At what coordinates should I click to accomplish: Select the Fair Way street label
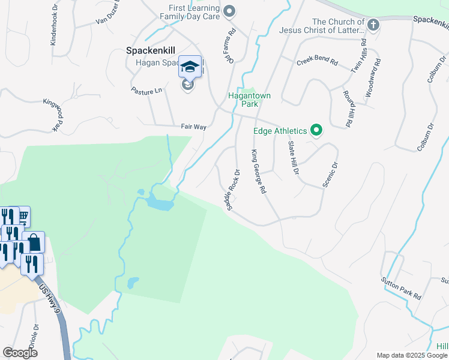click(x=194, y=127)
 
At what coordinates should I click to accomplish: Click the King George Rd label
click(x=258, y=172)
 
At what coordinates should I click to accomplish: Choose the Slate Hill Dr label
click(x=293, y=158)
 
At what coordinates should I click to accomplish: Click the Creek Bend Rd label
click(x=317, y=62)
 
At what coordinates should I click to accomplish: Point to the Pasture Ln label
click(x=146, y=91)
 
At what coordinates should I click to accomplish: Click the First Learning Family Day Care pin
click(x=228, y=11)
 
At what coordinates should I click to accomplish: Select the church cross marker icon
click(x=373, y=25)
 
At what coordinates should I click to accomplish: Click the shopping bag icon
click(x=34, y=242)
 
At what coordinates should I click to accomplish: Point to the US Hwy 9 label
click(x=52, y=298)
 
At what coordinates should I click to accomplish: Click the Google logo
click(x=20, y=353)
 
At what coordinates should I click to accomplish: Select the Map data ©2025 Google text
click(x=411, y=355)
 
